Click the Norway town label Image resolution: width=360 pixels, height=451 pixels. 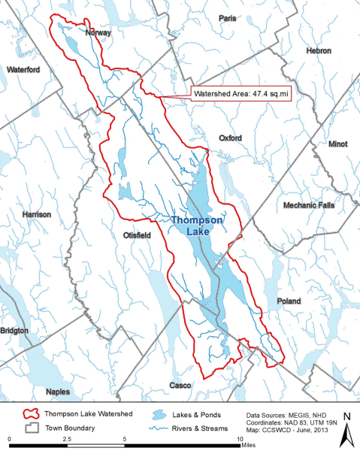point(98,33)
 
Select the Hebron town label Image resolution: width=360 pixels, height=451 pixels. point(319,50)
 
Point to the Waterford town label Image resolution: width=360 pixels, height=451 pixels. point(23,69)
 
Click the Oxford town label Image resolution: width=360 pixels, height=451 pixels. point(230,138)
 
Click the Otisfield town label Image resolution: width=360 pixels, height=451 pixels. point(138,235)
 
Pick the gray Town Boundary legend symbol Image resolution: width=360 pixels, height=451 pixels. point(31,427)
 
